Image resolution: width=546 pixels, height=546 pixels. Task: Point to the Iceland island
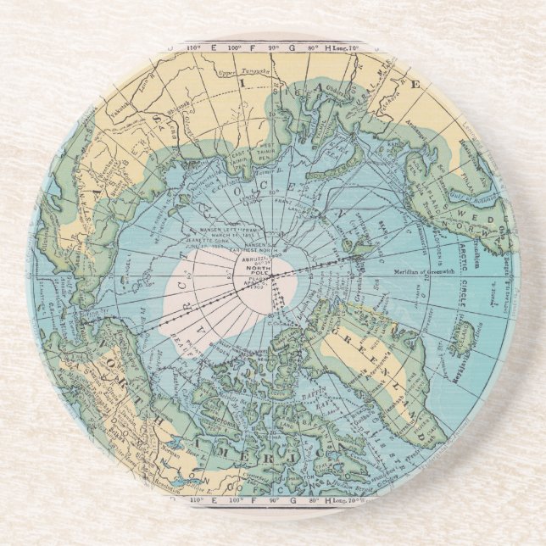pyautogui.click(x=461, y=339)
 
